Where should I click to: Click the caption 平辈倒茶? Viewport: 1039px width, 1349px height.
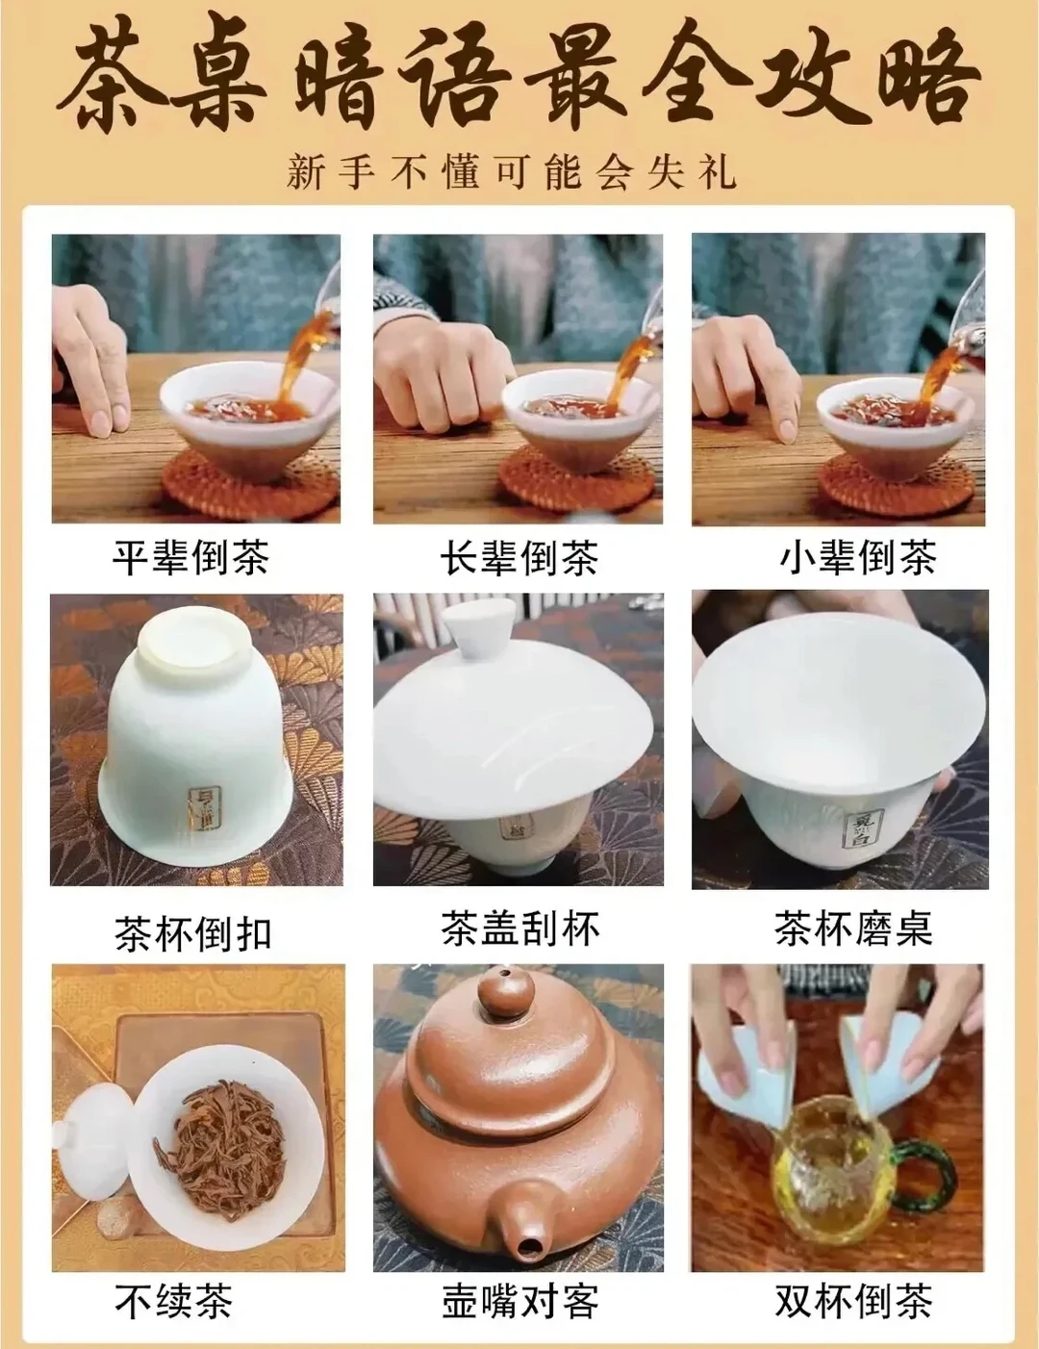point(190,557)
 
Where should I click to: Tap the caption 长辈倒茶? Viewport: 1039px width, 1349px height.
point(519,557)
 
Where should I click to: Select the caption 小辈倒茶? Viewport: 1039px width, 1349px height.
point(857,557)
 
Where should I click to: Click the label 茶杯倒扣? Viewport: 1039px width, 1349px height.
point(192,932)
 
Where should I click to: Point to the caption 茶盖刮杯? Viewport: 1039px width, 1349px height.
point(519,928)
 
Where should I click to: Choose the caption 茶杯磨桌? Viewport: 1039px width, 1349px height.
point(853,928)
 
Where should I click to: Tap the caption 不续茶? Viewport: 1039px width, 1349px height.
point(173,1301)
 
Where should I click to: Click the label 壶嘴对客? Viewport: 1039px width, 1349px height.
point(519,1301)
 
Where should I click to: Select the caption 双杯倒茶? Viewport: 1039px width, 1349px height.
point(853,1301)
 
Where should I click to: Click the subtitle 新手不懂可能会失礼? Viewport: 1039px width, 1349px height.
point(511,174)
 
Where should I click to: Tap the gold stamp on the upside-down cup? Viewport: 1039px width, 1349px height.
point(204,806)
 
